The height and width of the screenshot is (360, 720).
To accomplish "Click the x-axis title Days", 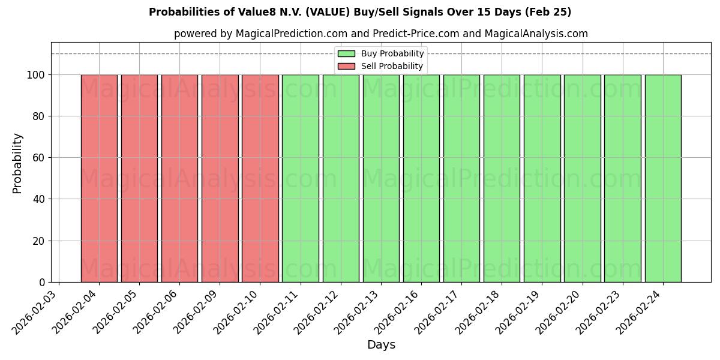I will coord(381,345).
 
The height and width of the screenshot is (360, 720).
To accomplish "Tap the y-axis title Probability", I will coord(17,163).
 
